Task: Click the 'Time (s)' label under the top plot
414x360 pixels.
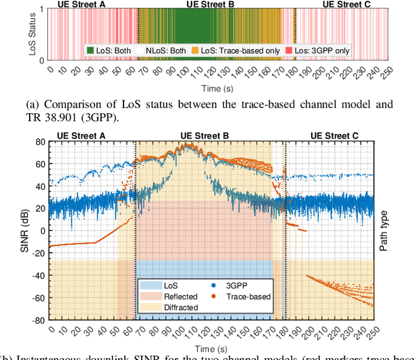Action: (212, 85)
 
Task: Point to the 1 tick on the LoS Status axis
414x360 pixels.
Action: (43, 9)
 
